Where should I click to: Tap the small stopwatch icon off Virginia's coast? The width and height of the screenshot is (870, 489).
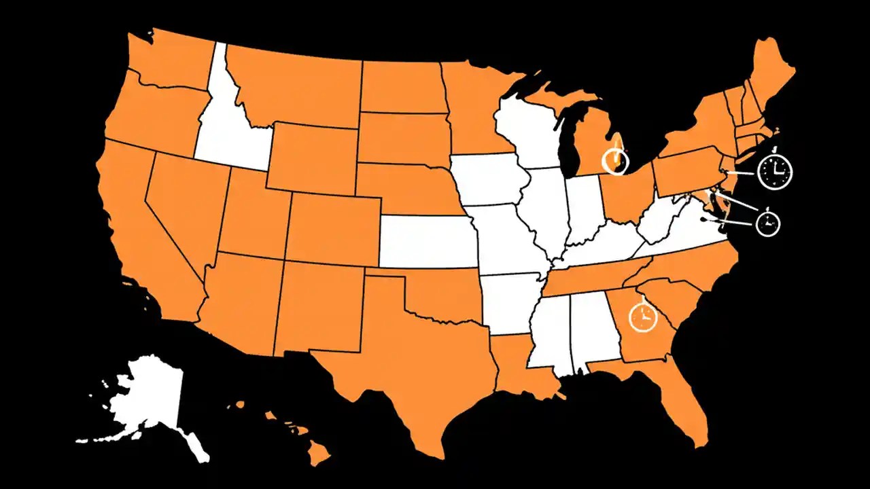pos(769,223)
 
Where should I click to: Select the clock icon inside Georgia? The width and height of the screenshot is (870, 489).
pos(642,317)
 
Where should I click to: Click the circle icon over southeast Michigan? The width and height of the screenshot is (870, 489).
pos(616,161)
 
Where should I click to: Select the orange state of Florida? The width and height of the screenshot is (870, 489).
pos(680,401)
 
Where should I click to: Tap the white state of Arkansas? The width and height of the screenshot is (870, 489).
pos(510,302)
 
